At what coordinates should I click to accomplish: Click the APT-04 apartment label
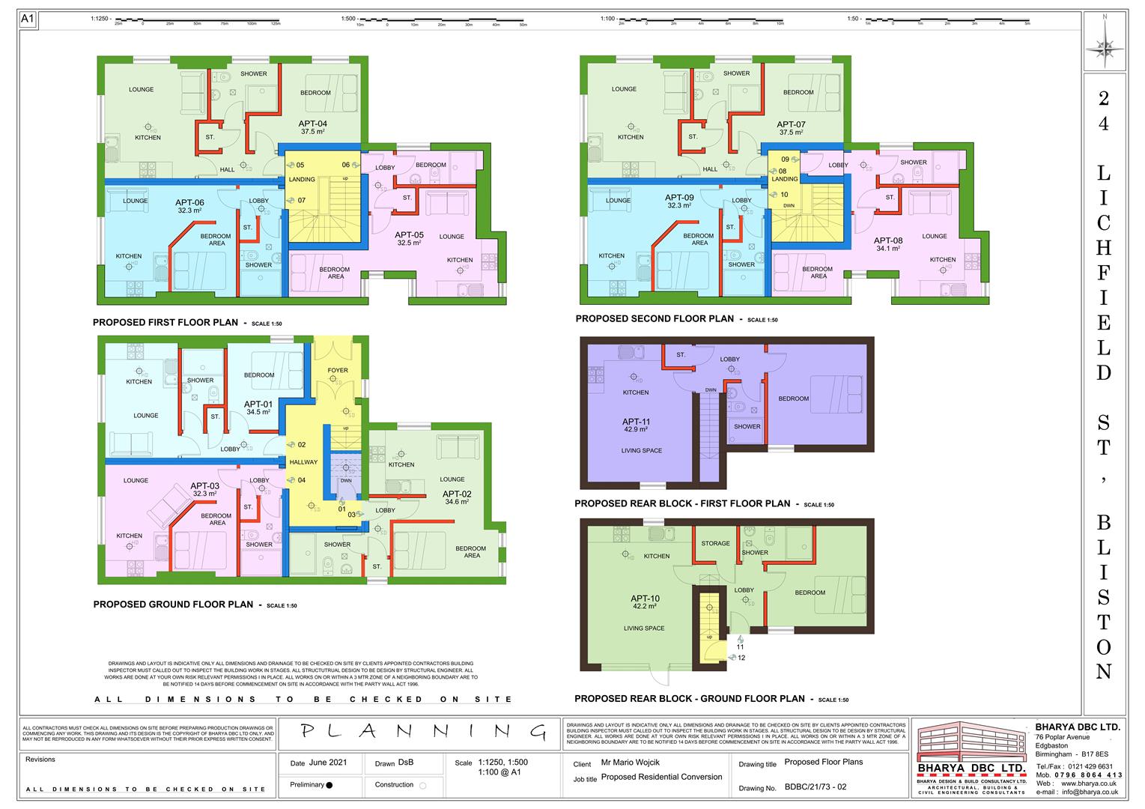[x=313, y=124]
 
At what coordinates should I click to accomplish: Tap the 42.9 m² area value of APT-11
[x=636, y=430]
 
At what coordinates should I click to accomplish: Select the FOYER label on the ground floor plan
[x=338, y=370]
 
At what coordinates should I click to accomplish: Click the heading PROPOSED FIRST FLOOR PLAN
[x=165, y=323]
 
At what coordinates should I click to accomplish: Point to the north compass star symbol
[x=1105, y=46]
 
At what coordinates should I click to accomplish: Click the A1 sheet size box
[x=28, y=19]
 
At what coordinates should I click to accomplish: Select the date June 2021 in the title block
[x=327, y=763]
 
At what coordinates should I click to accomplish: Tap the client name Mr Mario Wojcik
[x=630, y=763]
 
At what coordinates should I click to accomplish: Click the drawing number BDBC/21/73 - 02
[x=816, y=787]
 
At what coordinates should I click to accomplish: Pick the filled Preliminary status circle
[x=329, y=785]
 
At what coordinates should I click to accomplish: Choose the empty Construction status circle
[x=423, y=786]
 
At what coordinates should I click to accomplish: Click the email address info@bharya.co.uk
[x=1090, y=792]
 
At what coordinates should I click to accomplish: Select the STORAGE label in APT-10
[x=715, y=544]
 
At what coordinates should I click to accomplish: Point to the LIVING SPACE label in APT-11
[x=642, y=451]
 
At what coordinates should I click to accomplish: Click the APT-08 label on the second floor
[x=888, y=241]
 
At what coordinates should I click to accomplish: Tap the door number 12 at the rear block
[x=741, y=658]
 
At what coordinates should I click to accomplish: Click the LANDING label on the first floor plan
[x=302, y=180]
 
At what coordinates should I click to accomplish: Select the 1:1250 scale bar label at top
[x=100, y=18]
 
